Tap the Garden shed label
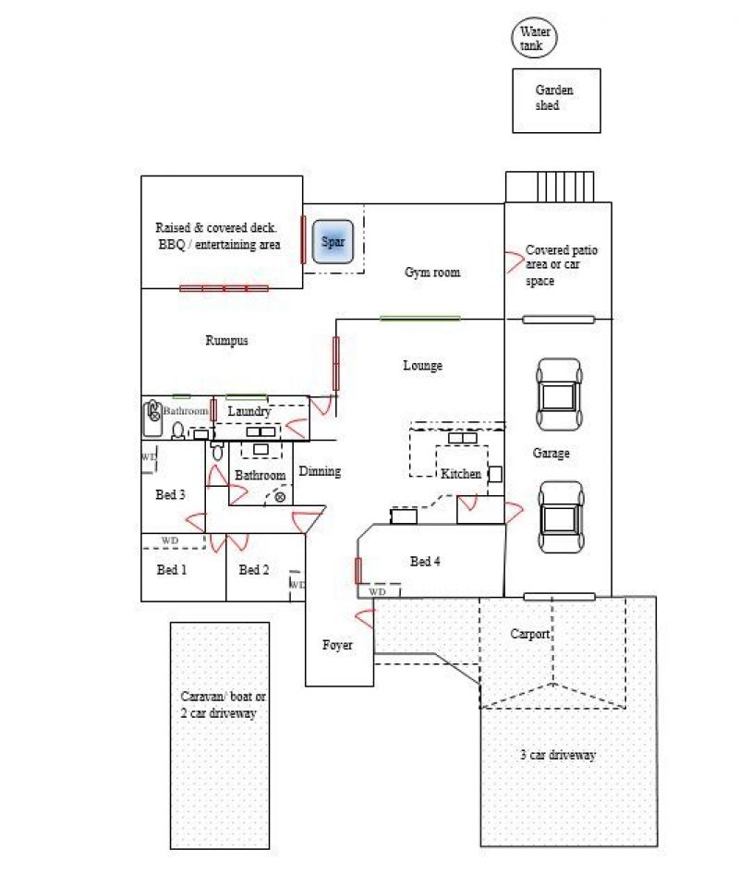[553, 97]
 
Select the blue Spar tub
[333, 241]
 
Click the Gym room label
[432, 273]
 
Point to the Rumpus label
[226, 340]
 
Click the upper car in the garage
[559, 394]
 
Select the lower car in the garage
[560, 517]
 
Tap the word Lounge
[422, 366]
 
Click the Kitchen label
[460, 474]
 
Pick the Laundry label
[249, 411]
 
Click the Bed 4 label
[425, 561]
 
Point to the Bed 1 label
[171, 569]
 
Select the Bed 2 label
[254, 569]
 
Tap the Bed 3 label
[170, 494]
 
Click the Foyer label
[337, 645]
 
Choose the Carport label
[530, 634]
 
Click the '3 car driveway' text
[558, 755]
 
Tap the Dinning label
[320, 471]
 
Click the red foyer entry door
[365, 619]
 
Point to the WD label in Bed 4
[378, 591]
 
